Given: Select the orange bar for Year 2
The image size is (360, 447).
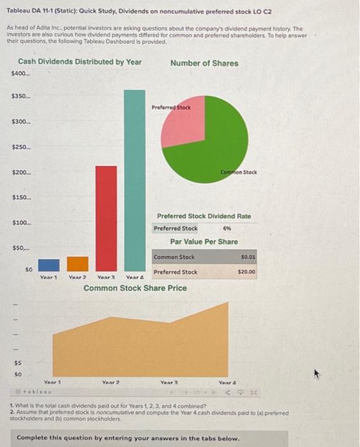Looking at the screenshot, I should (78, 264).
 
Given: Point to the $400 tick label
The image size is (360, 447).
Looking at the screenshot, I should (21, 74).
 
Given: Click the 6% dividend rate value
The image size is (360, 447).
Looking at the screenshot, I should (227, 228).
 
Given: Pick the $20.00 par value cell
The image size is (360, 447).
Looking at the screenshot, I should (246, 272).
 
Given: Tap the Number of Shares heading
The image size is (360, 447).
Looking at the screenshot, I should (204, 63).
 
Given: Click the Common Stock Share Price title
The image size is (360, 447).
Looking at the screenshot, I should (135, 288).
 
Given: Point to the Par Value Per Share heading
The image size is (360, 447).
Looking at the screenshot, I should (204, 242).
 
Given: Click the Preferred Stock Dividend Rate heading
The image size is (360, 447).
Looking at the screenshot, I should (204, 216).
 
